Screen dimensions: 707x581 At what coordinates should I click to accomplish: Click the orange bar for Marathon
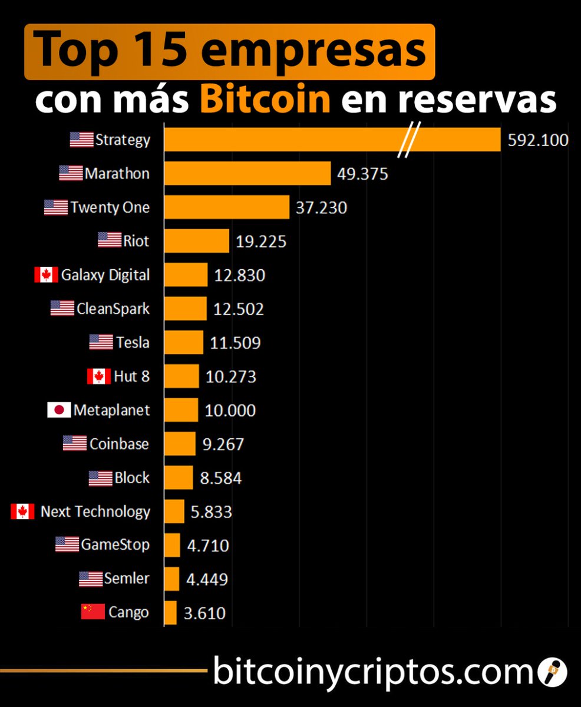click(x=247, y=174)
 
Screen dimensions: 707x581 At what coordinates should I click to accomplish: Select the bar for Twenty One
click(x=227, y=207)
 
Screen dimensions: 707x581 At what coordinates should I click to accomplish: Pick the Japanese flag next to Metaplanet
click(x=59, y=410)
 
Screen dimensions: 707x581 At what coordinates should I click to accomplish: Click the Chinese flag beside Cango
click(x=93, y=612)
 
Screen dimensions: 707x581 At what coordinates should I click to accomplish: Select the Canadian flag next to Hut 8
click(x=98, y=376)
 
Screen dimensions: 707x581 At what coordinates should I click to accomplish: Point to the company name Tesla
click(x=132, y=342)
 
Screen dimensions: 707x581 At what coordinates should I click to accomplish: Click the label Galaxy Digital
click(x=105, y=275)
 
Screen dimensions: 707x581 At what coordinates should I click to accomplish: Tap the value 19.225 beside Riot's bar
click(x=260, y=242)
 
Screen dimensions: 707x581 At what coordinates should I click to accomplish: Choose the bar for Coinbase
click(x=180, y=444)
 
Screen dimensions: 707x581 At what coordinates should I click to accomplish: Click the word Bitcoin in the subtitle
click(x=265, y=100)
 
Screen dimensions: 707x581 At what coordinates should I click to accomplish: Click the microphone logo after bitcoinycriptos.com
click(x=553, y=671)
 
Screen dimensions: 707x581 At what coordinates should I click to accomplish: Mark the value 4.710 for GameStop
click(x=207, y=545)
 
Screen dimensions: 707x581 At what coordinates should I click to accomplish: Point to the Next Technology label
click(x=95, y=511)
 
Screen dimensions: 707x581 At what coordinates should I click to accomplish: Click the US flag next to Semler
click(x=91, y=579)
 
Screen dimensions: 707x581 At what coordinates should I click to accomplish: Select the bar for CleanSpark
click(x=185, y=309)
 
